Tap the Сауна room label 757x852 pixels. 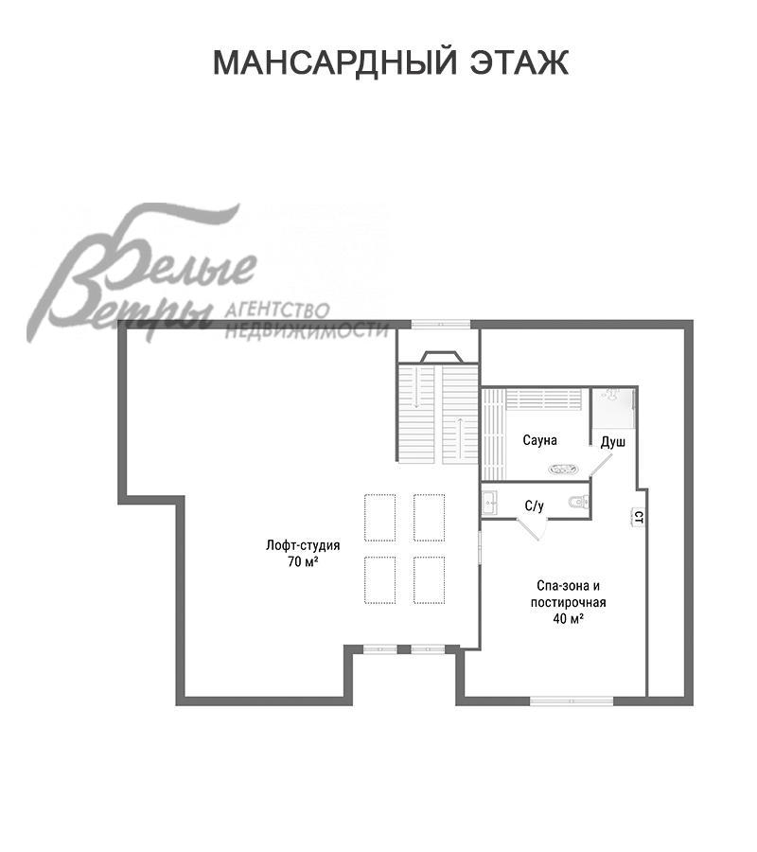tap(539, 439)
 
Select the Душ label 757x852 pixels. tap(613, 442)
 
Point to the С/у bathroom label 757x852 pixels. tap(534, 506)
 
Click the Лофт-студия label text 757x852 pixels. tap(303, 545)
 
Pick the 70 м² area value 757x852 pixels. tap(303, 561)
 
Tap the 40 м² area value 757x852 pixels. tap(568, 618)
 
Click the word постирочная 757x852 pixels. tap(568, 602)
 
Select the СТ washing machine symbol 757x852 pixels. tap(639, 517)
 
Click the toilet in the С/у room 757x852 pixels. tap(579, 502)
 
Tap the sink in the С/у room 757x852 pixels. tap(490, 504)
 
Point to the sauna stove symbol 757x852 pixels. tap(564, 469)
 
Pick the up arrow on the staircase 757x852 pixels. tap(460, 438)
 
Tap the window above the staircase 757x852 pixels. tap(440, 325)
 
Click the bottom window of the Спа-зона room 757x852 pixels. tap(572, 701)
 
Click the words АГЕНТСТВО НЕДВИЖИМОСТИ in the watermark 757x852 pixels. tap(307, 321)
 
